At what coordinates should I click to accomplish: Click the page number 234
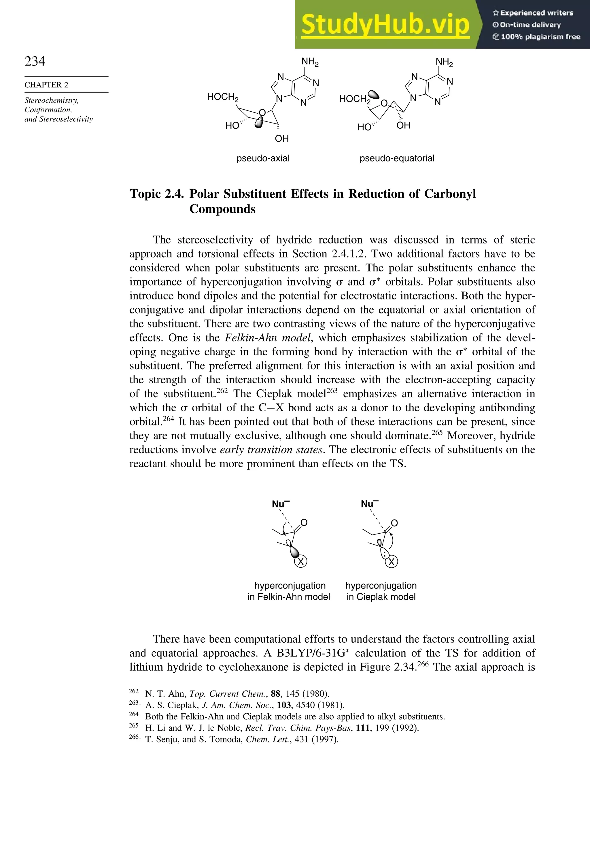(35, 61)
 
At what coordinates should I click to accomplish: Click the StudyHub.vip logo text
(385, 25)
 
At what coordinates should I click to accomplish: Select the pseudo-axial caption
(263, 158)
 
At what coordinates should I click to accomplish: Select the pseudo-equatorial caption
(397, 158)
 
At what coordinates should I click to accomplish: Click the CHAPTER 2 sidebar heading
(46, 85)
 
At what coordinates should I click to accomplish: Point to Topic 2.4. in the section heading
(157, 194)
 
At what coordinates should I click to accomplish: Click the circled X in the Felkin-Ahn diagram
(301, 561)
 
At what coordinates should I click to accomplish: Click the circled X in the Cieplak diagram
(392, 562)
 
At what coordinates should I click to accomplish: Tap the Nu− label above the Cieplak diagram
(369, 504)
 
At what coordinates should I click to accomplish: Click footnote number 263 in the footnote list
(134, 703)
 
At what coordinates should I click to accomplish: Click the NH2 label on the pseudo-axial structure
(310, 62)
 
